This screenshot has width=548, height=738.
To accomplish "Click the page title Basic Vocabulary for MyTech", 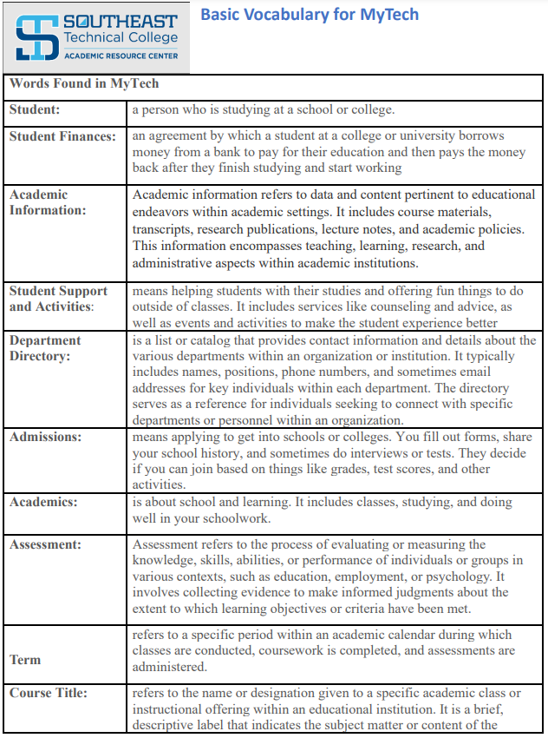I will coord(310,15).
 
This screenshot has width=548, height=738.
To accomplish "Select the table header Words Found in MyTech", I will coord(84,84).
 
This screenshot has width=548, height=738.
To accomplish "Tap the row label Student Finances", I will coord(62,136).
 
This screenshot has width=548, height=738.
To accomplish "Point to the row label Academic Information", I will coord(48,202).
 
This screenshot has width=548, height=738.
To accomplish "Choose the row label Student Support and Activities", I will coord(58,298).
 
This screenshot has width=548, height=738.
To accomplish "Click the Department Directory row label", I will coord(45,348).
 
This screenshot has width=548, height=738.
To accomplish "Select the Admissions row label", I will coord(45,437).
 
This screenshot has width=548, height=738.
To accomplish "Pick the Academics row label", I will coord(43,502).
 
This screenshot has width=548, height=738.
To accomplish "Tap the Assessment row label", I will coord(45,544).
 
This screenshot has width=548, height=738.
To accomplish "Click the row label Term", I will coord(25,660).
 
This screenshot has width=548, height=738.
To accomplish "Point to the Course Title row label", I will coord(49,693).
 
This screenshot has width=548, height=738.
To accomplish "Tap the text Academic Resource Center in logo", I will coord(121,56).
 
